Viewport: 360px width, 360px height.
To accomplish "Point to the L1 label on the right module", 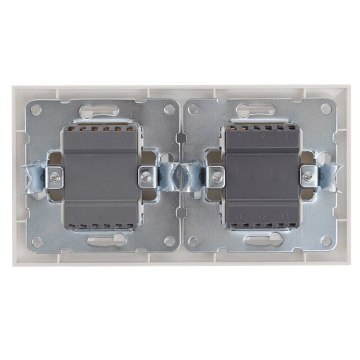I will [238, 217].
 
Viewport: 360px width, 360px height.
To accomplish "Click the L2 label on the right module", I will [262, 217].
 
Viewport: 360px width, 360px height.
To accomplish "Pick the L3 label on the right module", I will [286, 217].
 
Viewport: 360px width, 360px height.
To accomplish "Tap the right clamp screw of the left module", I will [145, 176].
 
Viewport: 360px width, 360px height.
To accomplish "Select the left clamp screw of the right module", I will [216, 176].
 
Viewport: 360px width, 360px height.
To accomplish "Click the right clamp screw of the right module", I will [307, 176].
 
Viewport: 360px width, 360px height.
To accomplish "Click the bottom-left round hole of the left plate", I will [37, 242].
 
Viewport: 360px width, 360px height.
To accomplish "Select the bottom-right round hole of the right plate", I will [325, 241].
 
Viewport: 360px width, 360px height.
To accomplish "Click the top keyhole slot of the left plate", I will [100, 111].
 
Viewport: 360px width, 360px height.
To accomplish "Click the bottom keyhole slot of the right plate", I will [262, 241].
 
